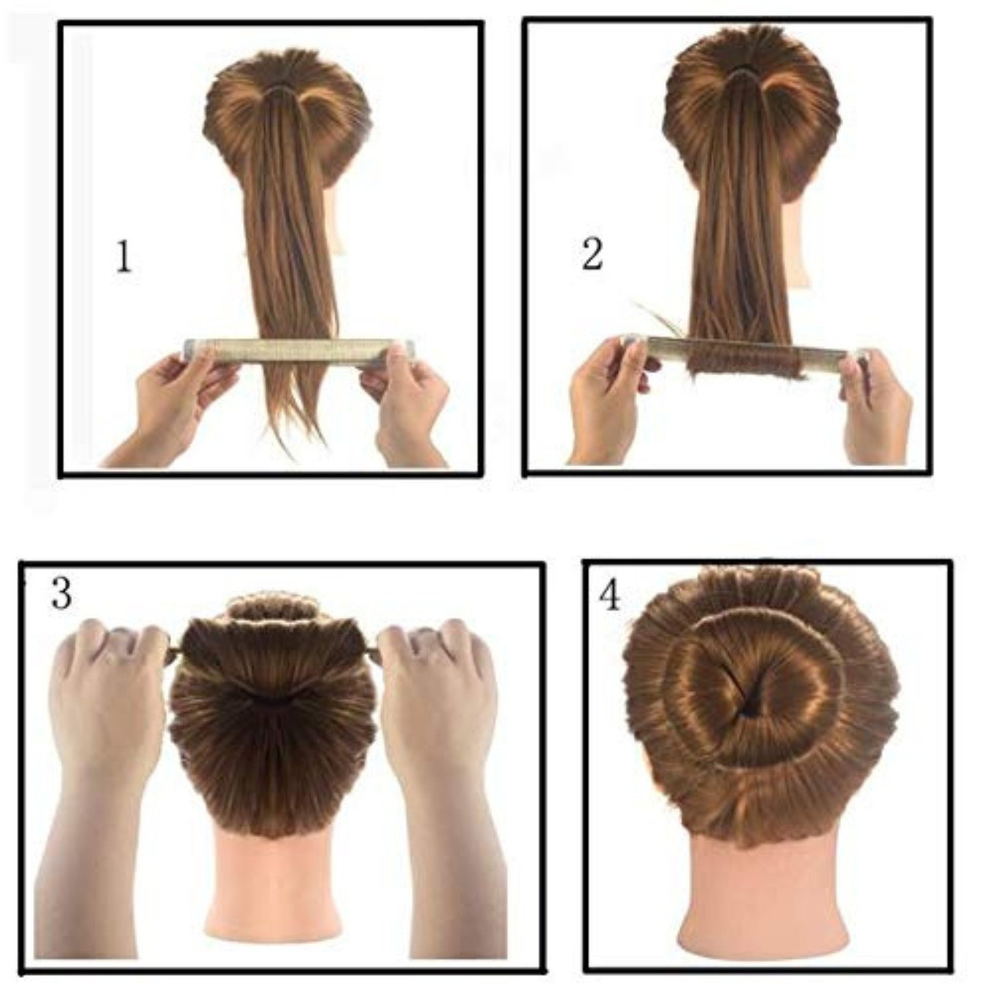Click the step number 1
[124, 258]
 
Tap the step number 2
[592, 254]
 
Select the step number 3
[61, 593]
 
